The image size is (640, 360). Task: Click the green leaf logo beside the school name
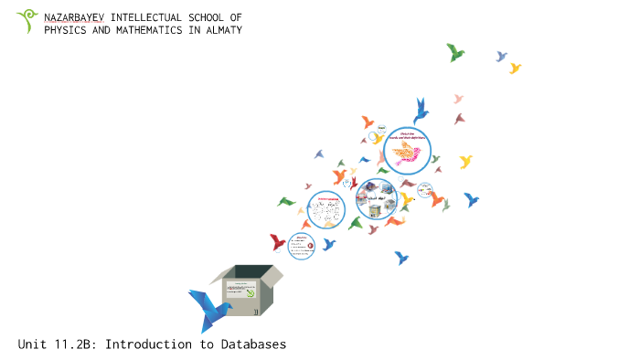pyautogui.click(x=27, y=21)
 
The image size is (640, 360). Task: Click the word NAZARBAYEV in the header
pyautogui.click(x=74, y=17)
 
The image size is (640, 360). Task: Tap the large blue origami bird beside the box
pyautogui.click(x=208, y=308)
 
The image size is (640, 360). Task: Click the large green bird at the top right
pyautogui.click(x=454, y=52)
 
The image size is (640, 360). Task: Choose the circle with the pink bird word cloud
pyautogui.click(x=407, y=150)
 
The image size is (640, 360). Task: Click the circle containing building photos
pyautogui.click(x=377, y=199)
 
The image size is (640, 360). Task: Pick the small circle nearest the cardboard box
pyautogui.click(x=301, y=246)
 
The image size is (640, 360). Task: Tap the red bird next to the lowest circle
pyautogui.click(x=278, y=242)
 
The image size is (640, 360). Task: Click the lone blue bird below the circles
pyautogui.click(x=401, y=258)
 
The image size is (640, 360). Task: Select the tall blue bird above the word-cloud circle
pyautogui.click(x=421, y=110)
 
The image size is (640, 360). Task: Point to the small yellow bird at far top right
pyautogui.click(x=515, y=68)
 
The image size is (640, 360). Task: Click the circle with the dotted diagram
pyautogui.click(x=326, y=211)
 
